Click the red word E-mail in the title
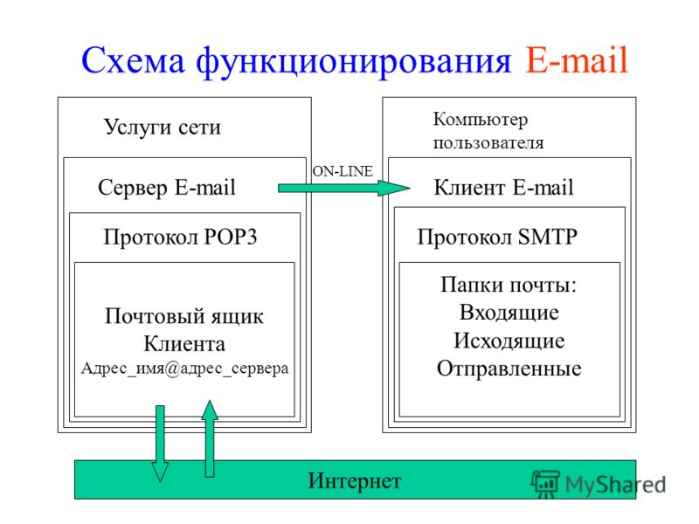click(577, 59)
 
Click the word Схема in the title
click(133, 60)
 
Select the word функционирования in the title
click(354, 62)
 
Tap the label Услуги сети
click(163, 128)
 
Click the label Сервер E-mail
click(167, 187)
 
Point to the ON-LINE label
click(343, 171)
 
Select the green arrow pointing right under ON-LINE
click(343, 188)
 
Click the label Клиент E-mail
click(503, 187)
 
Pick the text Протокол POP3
click(180, 237)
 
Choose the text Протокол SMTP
click(497, 237)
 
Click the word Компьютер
click(480, 120)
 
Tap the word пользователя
click(488, 143)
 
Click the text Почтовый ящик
click(184, 316)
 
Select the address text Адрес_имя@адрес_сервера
click(184, 369)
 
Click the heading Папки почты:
click(509, 285)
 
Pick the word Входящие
click(509, 313)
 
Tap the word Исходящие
click(509, 341)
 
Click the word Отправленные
click(509, 369)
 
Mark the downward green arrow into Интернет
click(160, 444)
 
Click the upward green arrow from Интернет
click(210, 438)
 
